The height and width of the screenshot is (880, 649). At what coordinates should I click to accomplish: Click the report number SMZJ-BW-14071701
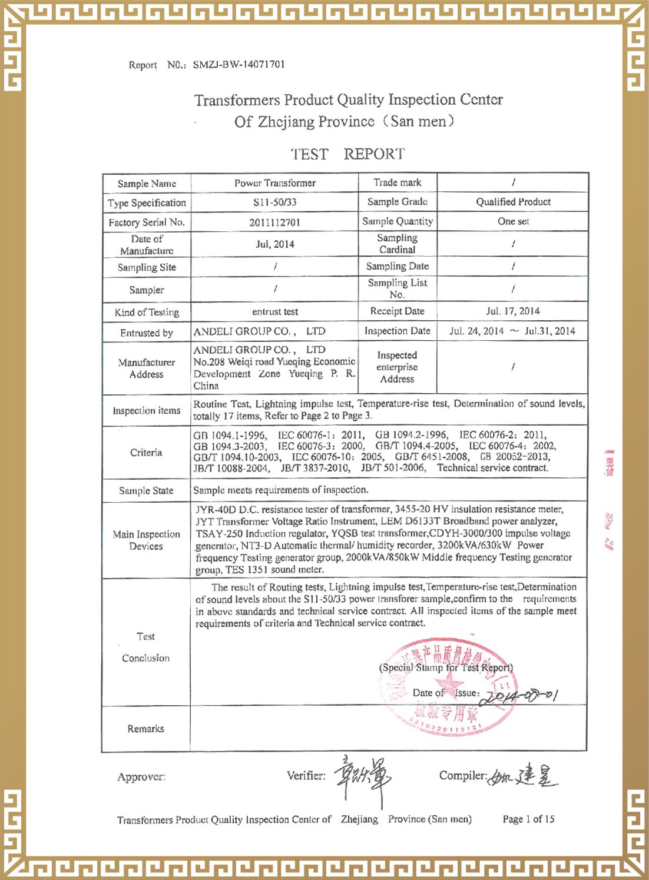point(239,65)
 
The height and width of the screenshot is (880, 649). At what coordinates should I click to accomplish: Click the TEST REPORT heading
point(347,154)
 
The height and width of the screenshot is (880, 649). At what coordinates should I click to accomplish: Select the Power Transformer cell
point(274,183)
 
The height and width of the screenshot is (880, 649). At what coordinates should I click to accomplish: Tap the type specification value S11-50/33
point(274,202)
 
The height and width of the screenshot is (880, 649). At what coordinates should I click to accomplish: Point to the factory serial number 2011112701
point(274,223)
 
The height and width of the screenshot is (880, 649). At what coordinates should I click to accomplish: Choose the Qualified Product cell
point(513,202)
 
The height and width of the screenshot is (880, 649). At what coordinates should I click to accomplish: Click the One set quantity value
point(513,221)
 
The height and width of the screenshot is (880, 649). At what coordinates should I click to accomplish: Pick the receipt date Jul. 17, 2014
point(513,311)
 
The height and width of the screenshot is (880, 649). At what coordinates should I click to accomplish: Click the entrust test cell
point(274,312)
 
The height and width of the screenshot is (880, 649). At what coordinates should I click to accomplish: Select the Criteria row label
point(146,453)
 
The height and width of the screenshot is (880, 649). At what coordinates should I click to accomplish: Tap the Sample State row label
point(146,490)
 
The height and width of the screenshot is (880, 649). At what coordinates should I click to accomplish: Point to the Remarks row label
point(146,729)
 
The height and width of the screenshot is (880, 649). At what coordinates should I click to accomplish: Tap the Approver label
point(141,777)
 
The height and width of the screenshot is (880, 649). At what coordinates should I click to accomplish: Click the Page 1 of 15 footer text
point(528,819)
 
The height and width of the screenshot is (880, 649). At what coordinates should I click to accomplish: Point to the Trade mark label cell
point(398,182)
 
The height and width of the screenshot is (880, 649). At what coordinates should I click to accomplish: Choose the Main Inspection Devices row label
point(146,540)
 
